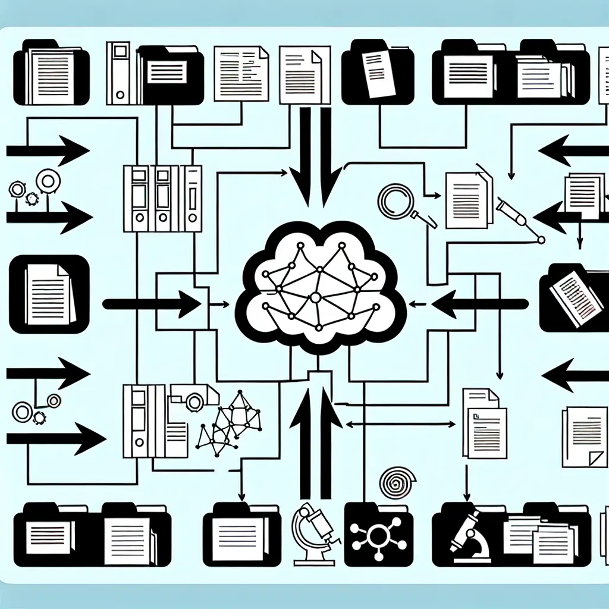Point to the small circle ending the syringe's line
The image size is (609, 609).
pyautogui.click(x=541, y=240)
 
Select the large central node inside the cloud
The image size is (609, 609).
pyautogui.click(x=316, y=296)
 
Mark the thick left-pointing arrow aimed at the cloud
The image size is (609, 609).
pyautogui.click(x=479, y=304)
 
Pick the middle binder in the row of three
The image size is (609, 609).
pyautogui.click(x=162, y=199)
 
